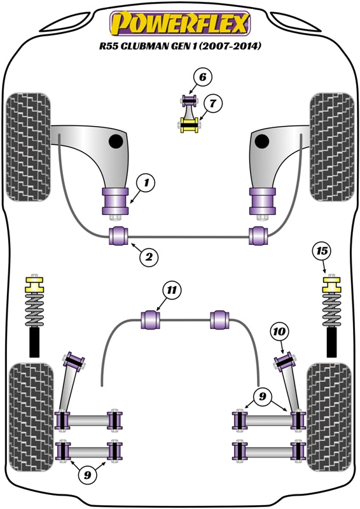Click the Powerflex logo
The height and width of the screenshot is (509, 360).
(180, 24)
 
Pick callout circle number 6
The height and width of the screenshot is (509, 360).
(202, 78)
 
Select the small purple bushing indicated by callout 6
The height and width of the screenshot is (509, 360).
(188, 101)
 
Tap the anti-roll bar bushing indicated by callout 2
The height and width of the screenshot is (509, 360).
(119, 235)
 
